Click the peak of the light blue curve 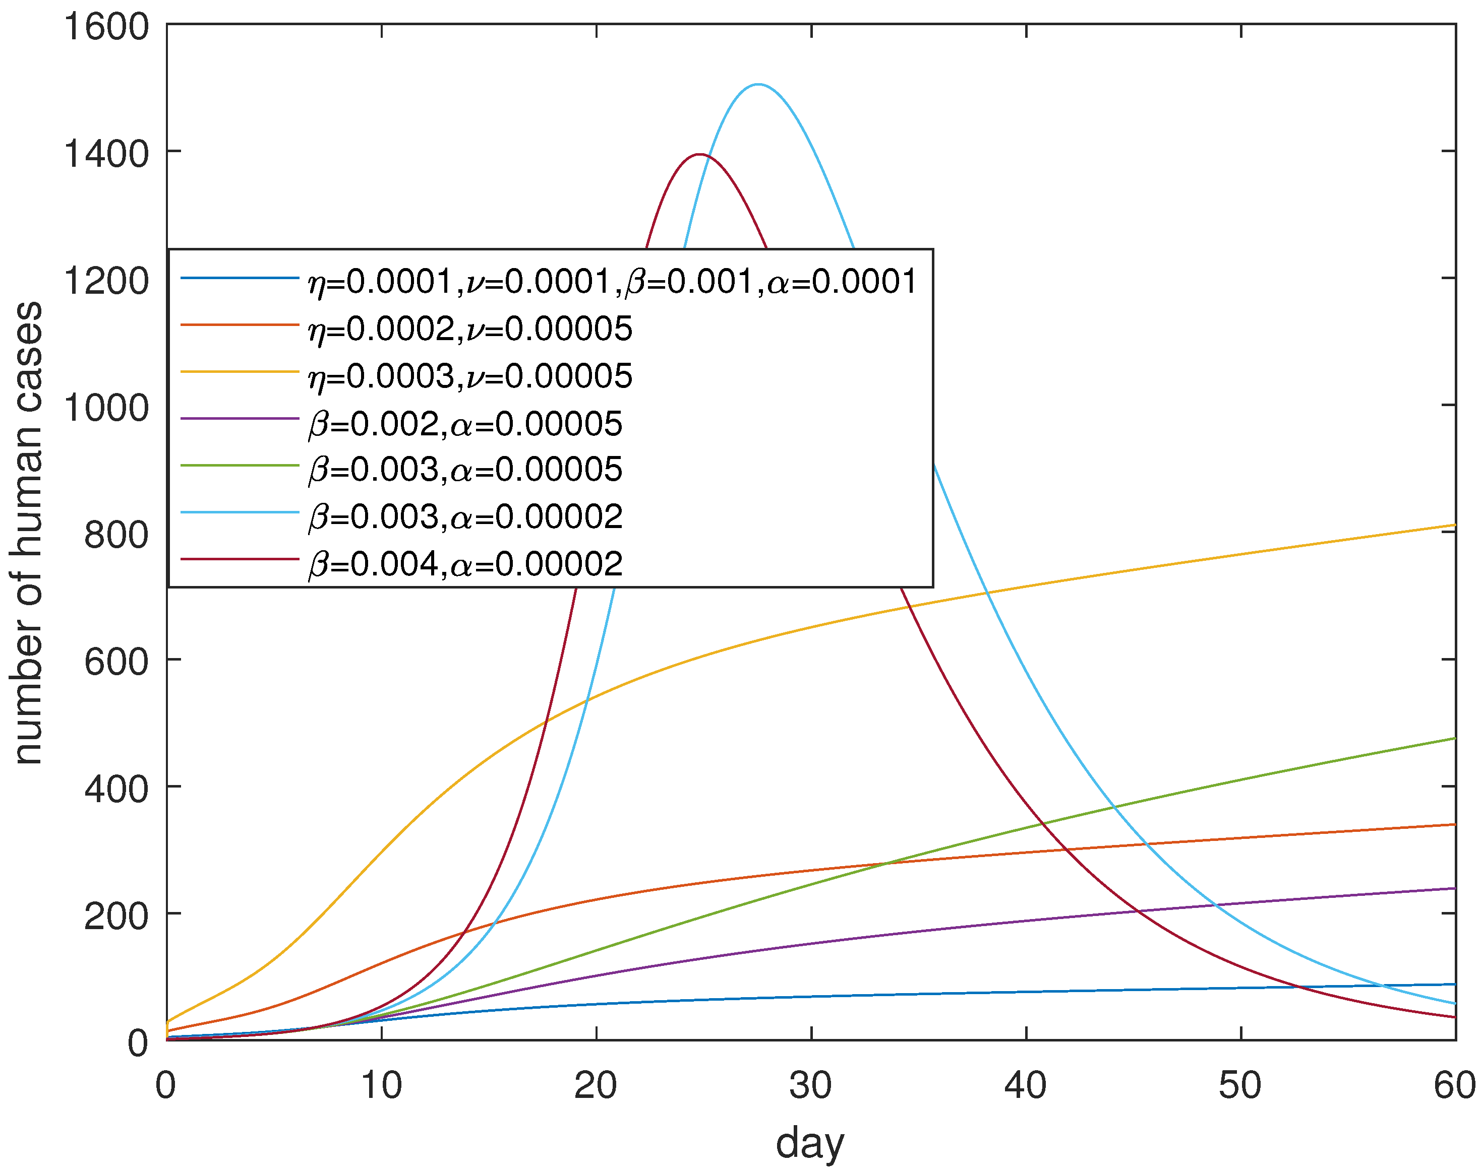[758, 85]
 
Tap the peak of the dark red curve [699, 155]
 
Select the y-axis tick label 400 [115, 789]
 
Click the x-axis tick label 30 [810, 1085]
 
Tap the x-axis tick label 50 [1240, 1085]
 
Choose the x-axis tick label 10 [381, 1085]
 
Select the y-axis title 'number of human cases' [27, 533]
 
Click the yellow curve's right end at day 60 [1454, 525]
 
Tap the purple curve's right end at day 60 [1454, 888]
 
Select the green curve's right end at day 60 [1454, 739]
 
